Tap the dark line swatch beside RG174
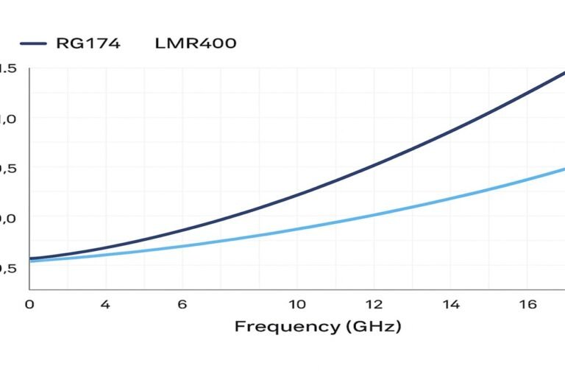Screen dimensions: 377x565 click(x=33, y=43)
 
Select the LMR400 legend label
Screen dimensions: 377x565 click(x=196, y=43)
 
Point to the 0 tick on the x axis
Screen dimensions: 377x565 click(x=29, y=304)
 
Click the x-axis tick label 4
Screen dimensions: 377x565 click(x=105, y=304)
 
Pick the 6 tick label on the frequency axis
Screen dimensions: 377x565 click(x=182, y=304)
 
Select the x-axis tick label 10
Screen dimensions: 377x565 click(x=296, y=304)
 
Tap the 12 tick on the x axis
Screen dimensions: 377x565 click(x=373, y=304)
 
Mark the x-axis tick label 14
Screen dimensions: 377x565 click(x=451, y=304)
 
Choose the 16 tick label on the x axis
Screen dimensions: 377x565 click(x=527, y=304)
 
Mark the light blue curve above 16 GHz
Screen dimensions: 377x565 click(x=527, y=179)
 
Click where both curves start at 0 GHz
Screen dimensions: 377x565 click(x=31, y=259)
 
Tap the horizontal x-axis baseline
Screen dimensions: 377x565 click(x=294, y=290)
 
